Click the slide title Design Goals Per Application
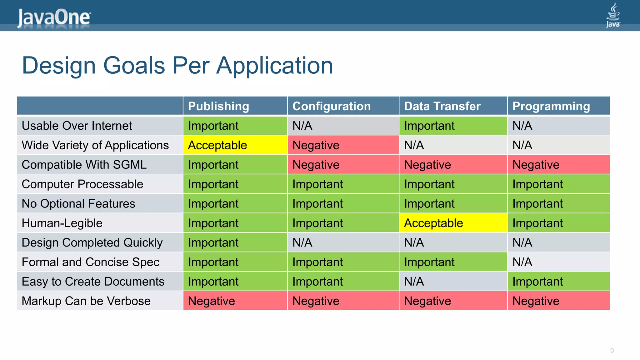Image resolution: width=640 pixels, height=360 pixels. [x=177, y=65]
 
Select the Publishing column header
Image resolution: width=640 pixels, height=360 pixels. [x=218, y=106]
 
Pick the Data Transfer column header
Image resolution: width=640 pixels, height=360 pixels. [x=442, y=106]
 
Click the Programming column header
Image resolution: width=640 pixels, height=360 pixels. [x=551, y=106]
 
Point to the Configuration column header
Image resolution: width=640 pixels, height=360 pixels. [x=331, y=106]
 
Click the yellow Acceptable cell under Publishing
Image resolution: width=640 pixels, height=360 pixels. [x=217, y=145]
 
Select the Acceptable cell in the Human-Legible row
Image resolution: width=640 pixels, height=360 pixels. [x=433, y=223]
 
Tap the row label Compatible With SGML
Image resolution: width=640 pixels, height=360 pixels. [x=84, y=165]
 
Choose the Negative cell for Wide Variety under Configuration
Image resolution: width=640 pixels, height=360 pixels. [x=316, y=145]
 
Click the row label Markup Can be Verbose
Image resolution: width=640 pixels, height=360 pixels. [x=86, y=301]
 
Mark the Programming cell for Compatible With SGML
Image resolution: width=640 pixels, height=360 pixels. [x=536, y=165]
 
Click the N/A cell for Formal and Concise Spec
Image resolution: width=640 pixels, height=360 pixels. [x=522, y=262]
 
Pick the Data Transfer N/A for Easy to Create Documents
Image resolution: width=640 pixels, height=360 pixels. [x=414, y=282]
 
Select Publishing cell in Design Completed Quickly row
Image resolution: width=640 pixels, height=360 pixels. [x=213, y=242]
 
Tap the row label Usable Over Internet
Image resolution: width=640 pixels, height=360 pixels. [x=77, y=126]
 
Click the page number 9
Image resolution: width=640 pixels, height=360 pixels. [x=612, y=351]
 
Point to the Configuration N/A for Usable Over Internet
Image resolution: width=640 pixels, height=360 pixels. [x=302, y=126]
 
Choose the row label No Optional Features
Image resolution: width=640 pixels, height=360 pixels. [x=78, y=204]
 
